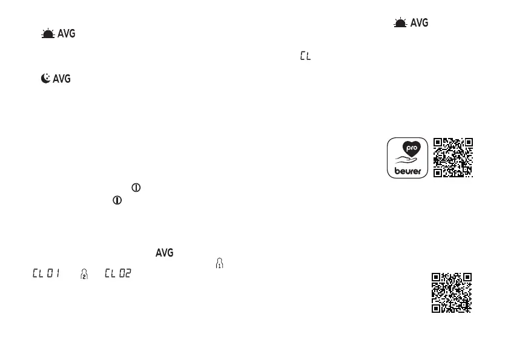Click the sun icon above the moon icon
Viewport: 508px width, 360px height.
pos(48,34)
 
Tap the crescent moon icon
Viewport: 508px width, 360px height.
pos(45,79)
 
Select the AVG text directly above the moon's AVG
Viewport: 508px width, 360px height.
pos(66,34)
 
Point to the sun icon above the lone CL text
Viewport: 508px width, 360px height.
pos(400,23)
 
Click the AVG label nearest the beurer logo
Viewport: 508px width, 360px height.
pos(419,23)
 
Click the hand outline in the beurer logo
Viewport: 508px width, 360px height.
pos(406,162)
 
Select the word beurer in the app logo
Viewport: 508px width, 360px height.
pos(407,171)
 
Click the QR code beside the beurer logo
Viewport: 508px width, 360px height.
pos(454,157)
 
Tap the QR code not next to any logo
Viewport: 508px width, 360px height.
pos(451,293)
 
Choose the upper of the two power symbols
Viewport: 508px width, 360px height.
pos(136,188)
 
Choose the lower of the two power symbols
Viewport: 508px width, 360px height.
pos(117,200)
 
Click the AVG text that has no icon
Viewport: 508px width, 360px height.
pos(165,253)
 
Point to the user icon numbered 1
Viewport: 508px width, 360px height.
pos(219,263)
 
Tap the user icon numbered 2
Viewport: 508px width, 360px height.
pos(84,274)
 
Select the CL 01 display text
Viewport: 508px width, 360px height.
pos(46,274)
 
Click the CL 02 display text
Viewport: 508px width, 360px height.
pos(118,274)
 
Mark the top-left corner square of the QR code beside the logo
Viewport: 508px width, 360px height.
pos(439,143)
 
